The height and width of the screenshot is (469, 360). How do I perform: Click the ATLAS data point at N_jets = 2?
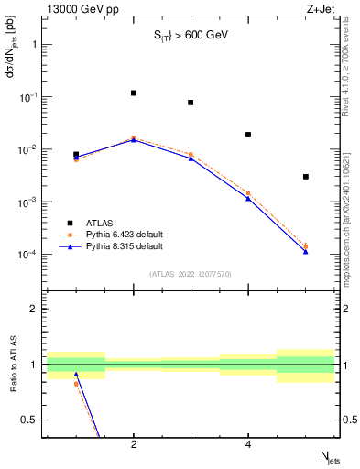(134, 93)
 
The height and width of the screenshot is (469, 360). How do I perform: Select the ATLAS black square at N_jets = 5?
(306, 177)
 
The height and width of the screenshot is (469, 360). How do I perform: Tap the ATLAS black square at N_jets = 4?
(248, 135)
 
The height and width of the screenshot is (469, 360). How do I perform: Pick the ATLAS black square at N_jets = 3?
(191, 103)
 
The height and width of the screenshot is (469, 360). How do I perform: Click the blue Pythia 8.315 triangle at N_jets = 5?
(306, 251)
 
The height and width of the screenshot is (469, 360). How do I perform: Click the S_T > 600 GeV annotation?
(190, 36)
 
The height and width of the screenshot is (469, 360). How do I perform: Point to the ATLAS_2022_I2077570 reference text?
(191, 273)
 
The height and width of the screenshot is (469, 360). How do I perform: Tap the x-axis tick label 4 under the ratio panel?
(248, 444)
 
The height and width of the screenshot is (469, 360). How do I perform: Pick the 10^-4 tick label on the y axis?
(27, 254)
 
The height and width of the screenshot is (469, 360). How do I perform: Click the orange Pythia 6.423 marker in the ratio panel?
(76, 384)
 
